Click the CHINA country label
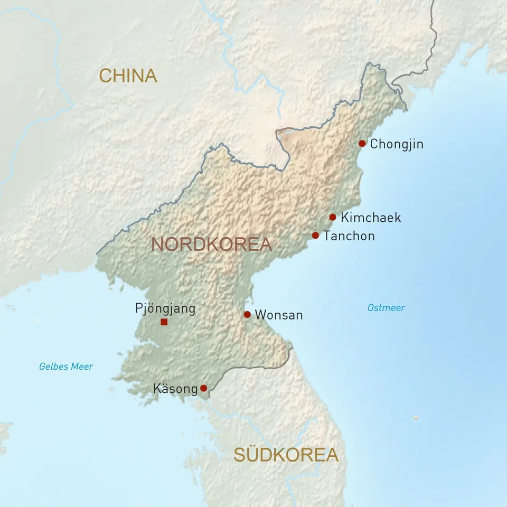[x=128, y=76]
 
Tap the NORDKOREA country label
[x=211, y=244]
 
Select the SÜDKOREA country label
[x=286, y=455]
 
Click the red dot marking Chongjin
[x=362, y=143]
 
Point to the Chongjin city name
[x=397, y=144]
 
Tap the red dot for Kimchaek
[x=333, y=217]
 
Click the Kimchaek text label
[x=371, y=217]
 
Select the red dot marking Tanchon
[x=315, y=236]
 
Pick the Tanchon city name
[x=349, y=236]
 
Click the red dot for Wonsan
[x=247, y=315]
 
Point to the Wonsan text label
[x=279, y=315]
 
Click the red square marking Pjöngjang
[x=164, y=322]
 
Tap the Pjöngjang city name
[x=165, y=308]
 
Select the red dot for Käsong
[x=203, y=388]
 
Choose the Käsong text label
[x=175, y=389]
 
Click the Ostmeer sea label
[x=386, y=308]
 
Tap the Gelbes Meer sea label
[x=66, y=367]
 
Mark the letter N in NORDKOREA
[x=158, y=244]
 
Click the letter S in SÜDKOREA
[x=240, y=455]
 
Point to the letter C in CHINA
[x=105, y=76]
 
